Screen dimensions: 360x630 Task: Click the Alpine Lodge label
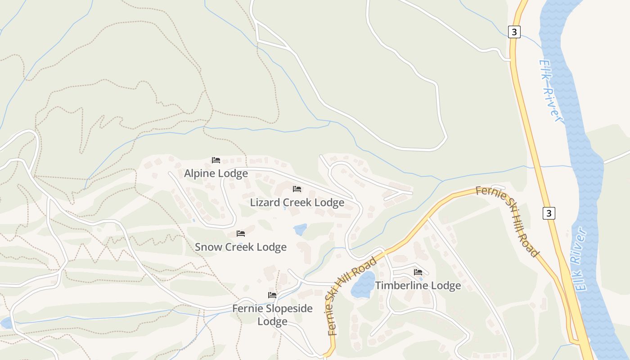click(216, 173)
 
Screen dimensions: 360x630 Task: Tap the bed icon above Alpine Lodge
click(216, 160)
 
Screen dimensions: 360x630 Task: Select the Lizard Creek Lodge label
click(297, 202)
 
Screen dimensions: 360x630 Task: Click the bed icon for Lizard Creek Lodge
click(297, 189)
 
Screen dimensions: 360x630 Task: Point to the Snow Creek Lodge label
click(241, 247)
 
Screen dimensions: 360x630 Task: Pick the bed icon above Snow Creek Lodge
click(241, 234)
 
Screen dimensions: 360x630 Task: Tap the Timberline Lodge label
click(418, 286)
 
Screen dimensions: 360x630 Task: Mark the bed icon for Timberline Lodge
click(418, 272)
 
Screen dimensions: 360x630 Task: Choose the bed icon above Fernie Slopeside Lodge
click(272, 295)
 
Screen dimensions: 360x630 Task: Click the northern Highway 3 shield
click(514, 32)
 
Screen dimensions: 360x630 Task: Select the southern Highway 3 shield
click(549, 213)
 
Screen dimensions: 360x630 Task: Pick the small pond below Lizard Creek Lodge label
click(300, 229)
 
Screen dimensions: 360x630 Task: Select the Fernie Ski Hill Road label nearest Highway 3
click(508, 220)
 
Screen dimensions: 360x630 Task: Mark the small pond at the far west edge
click(6, 323)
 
